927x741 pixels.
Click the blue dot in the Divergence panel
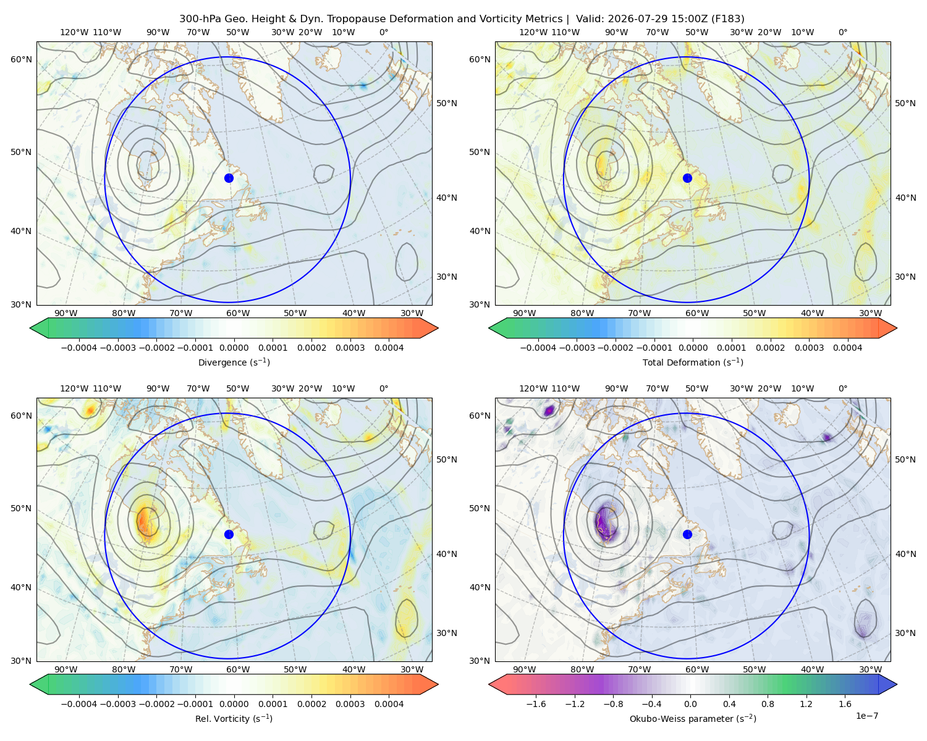coord(229,178)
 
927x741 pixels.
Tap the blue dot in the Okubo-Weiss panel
coord(687,534)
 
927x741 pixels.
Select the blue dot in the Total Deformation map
coord(687,178)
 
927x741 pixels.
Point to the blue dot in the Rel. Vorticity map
coord(229,534)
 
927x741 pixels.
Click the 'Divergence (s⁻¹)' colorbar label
coord(234,362)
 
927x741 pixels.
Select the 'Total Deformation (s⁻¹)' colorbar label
coord(693,362)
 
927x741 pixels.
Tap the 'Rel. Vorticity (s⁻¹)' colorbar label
coord(234,719)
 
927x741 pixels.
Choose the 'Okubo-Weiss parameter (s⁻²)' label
coord(693,719)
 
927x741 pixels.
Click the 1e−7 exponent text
coord(866,716)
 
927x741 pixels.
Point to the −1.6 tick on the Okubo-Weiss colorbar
coord(536,704)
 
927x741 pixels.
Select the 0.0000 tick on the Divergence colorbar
coord(234,348)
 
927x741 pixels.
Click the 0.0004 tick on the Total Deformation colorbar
coord(847,348)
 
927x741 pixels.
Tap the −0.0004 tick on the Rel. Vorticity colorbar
coord(79,704)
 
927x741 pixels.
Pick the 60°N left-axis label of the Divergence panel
coord(21,59)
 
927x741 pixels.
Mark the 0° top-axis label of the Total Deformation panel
coord(842,32)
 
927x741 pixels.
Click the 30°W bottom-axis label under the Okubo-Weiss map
coord(870,669)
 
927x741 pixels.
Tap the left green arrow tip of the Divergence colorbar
coord(30,328)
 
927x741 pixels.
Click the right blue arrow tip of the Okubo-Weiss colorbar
coord(897,684)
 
